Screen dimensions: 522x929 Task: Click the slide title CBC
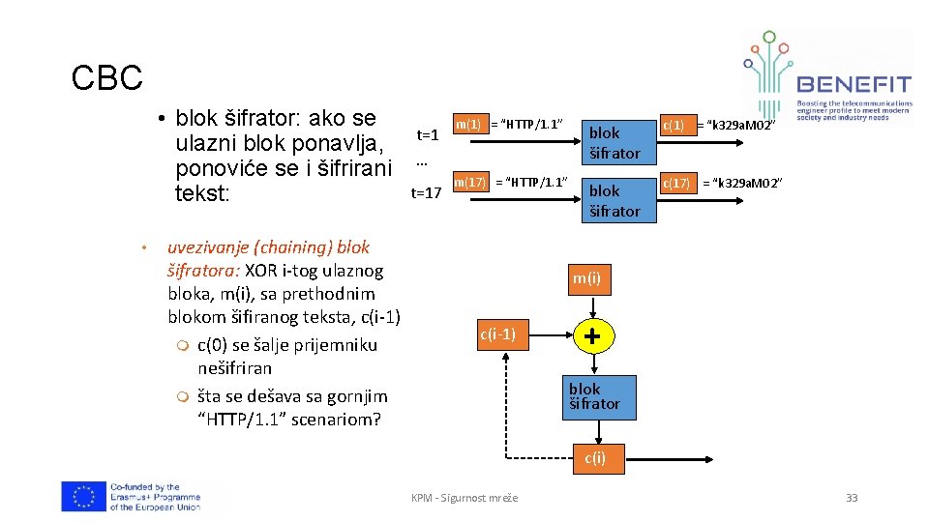point(106,78)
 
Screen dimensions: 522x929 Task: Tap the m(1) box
point(468,125)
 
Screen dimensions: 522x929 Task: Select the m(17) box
point(470,182)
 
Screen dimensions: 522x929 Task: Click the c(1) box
point(673,125)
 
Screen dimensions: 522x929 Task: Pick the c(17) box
point(676,183)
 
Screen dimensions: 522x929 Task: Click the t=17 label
point(426,192)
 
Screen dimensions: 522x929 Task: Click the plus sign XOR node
point(592,336)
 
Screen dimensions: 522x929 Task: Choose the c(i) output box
point(594,458)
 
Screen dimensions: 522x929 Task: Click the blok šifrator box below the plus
point(594,396)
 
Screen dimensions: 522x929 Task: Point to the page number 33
point(852,498)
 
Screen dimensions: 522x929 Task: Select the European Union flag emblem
point(83,496)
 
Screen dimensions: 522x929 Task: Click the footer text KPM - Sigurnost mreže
point(464,498)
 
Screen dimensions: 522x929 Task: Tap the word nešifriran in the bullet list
point(235,368)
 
